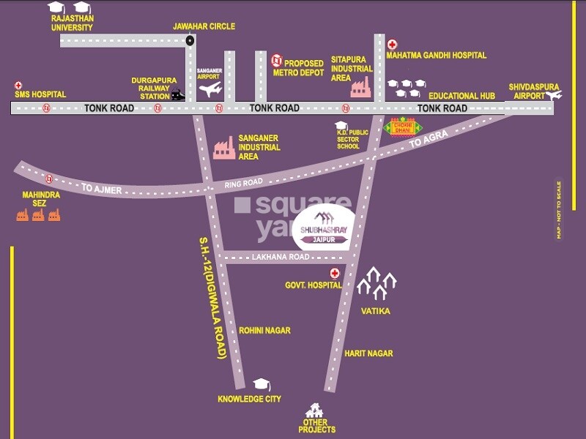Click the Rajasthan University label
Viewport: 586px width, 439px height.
[72, 23]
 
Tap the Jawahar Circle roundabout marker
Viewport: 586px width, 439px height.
[190, 41]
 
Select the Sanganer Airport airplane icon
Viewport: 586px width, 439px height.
[210, 89]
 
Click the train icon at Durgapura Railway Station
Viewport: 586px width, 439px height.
[177, 94]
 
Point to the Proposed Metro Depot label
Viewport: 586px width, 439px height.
[298, 68]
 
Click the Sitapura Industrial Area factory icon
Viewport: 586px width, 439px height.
[360, 88]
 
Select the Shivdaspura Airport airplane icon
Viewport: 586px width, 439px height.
[554, 94]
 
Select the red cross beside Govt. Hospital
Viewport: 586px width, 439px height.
[335, 274]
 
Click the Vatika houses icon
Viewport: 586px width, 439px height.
[377, 283]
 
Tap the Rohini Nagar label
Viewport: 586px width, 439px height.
[264, 330]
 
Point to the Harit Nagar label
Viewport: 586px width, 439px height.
[368, 353]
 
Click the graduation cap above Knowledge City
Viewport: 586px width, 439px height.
[260, 385]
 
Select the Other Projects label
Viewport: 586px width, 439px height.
[317, 426]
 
